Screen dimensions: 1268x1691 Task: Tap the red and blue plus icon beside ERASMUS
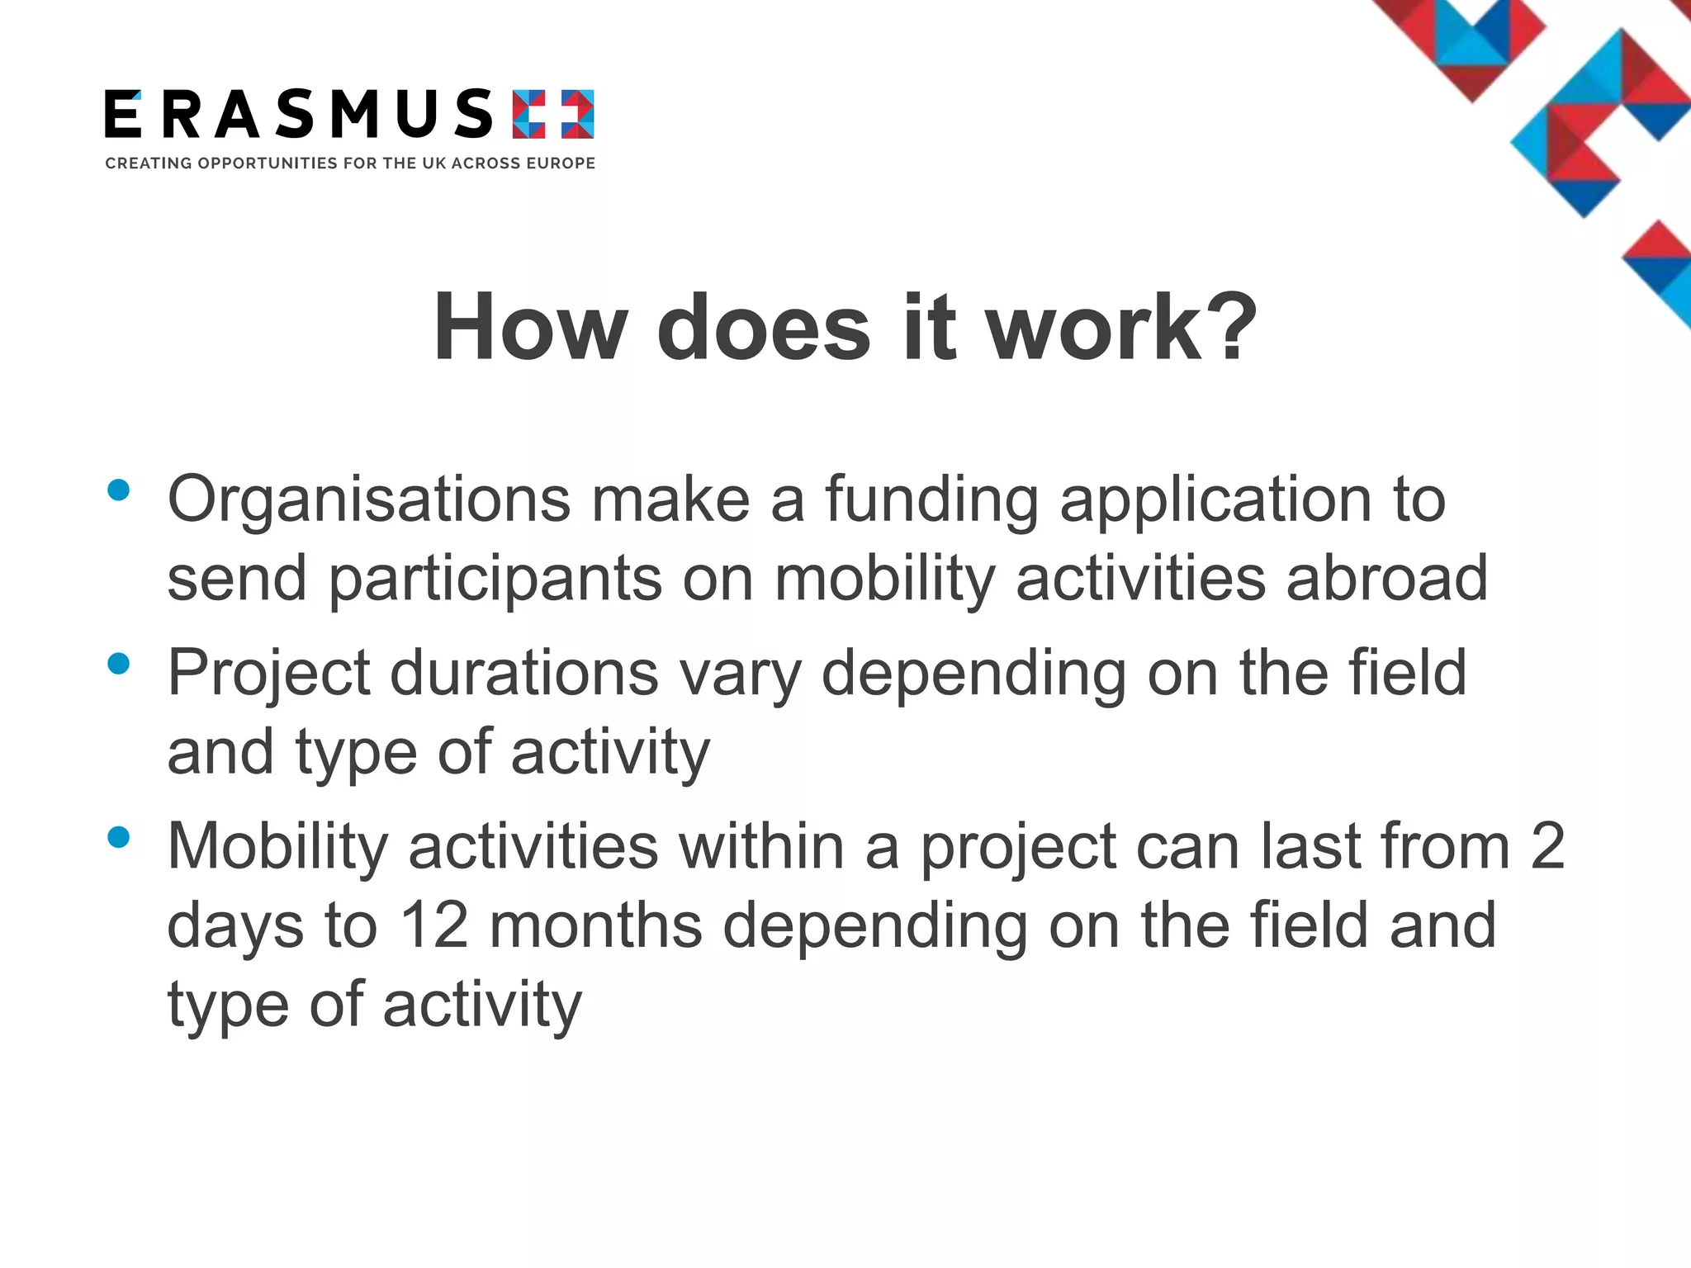point(553,114)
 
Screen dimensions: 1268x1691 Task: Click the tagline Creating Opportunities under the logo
point(350,163)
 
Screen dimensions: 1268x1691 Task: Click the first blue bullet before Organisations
point(119,490)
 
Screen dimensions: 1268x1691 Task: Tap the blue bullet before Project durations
point(119,664)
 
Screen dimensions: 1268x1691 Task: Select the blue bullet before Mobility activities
point(119,838)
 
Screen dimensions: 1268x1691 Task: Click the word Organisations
point(369,500)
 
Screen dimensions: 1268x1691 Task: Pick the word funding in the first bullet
point(931,500)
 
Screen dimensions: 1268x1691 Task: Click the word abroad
point(1387,579)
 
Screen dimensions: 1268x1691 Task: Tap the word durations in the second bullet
point(524,673)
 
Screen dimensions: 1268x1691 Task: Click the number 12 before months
point(434,925)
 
